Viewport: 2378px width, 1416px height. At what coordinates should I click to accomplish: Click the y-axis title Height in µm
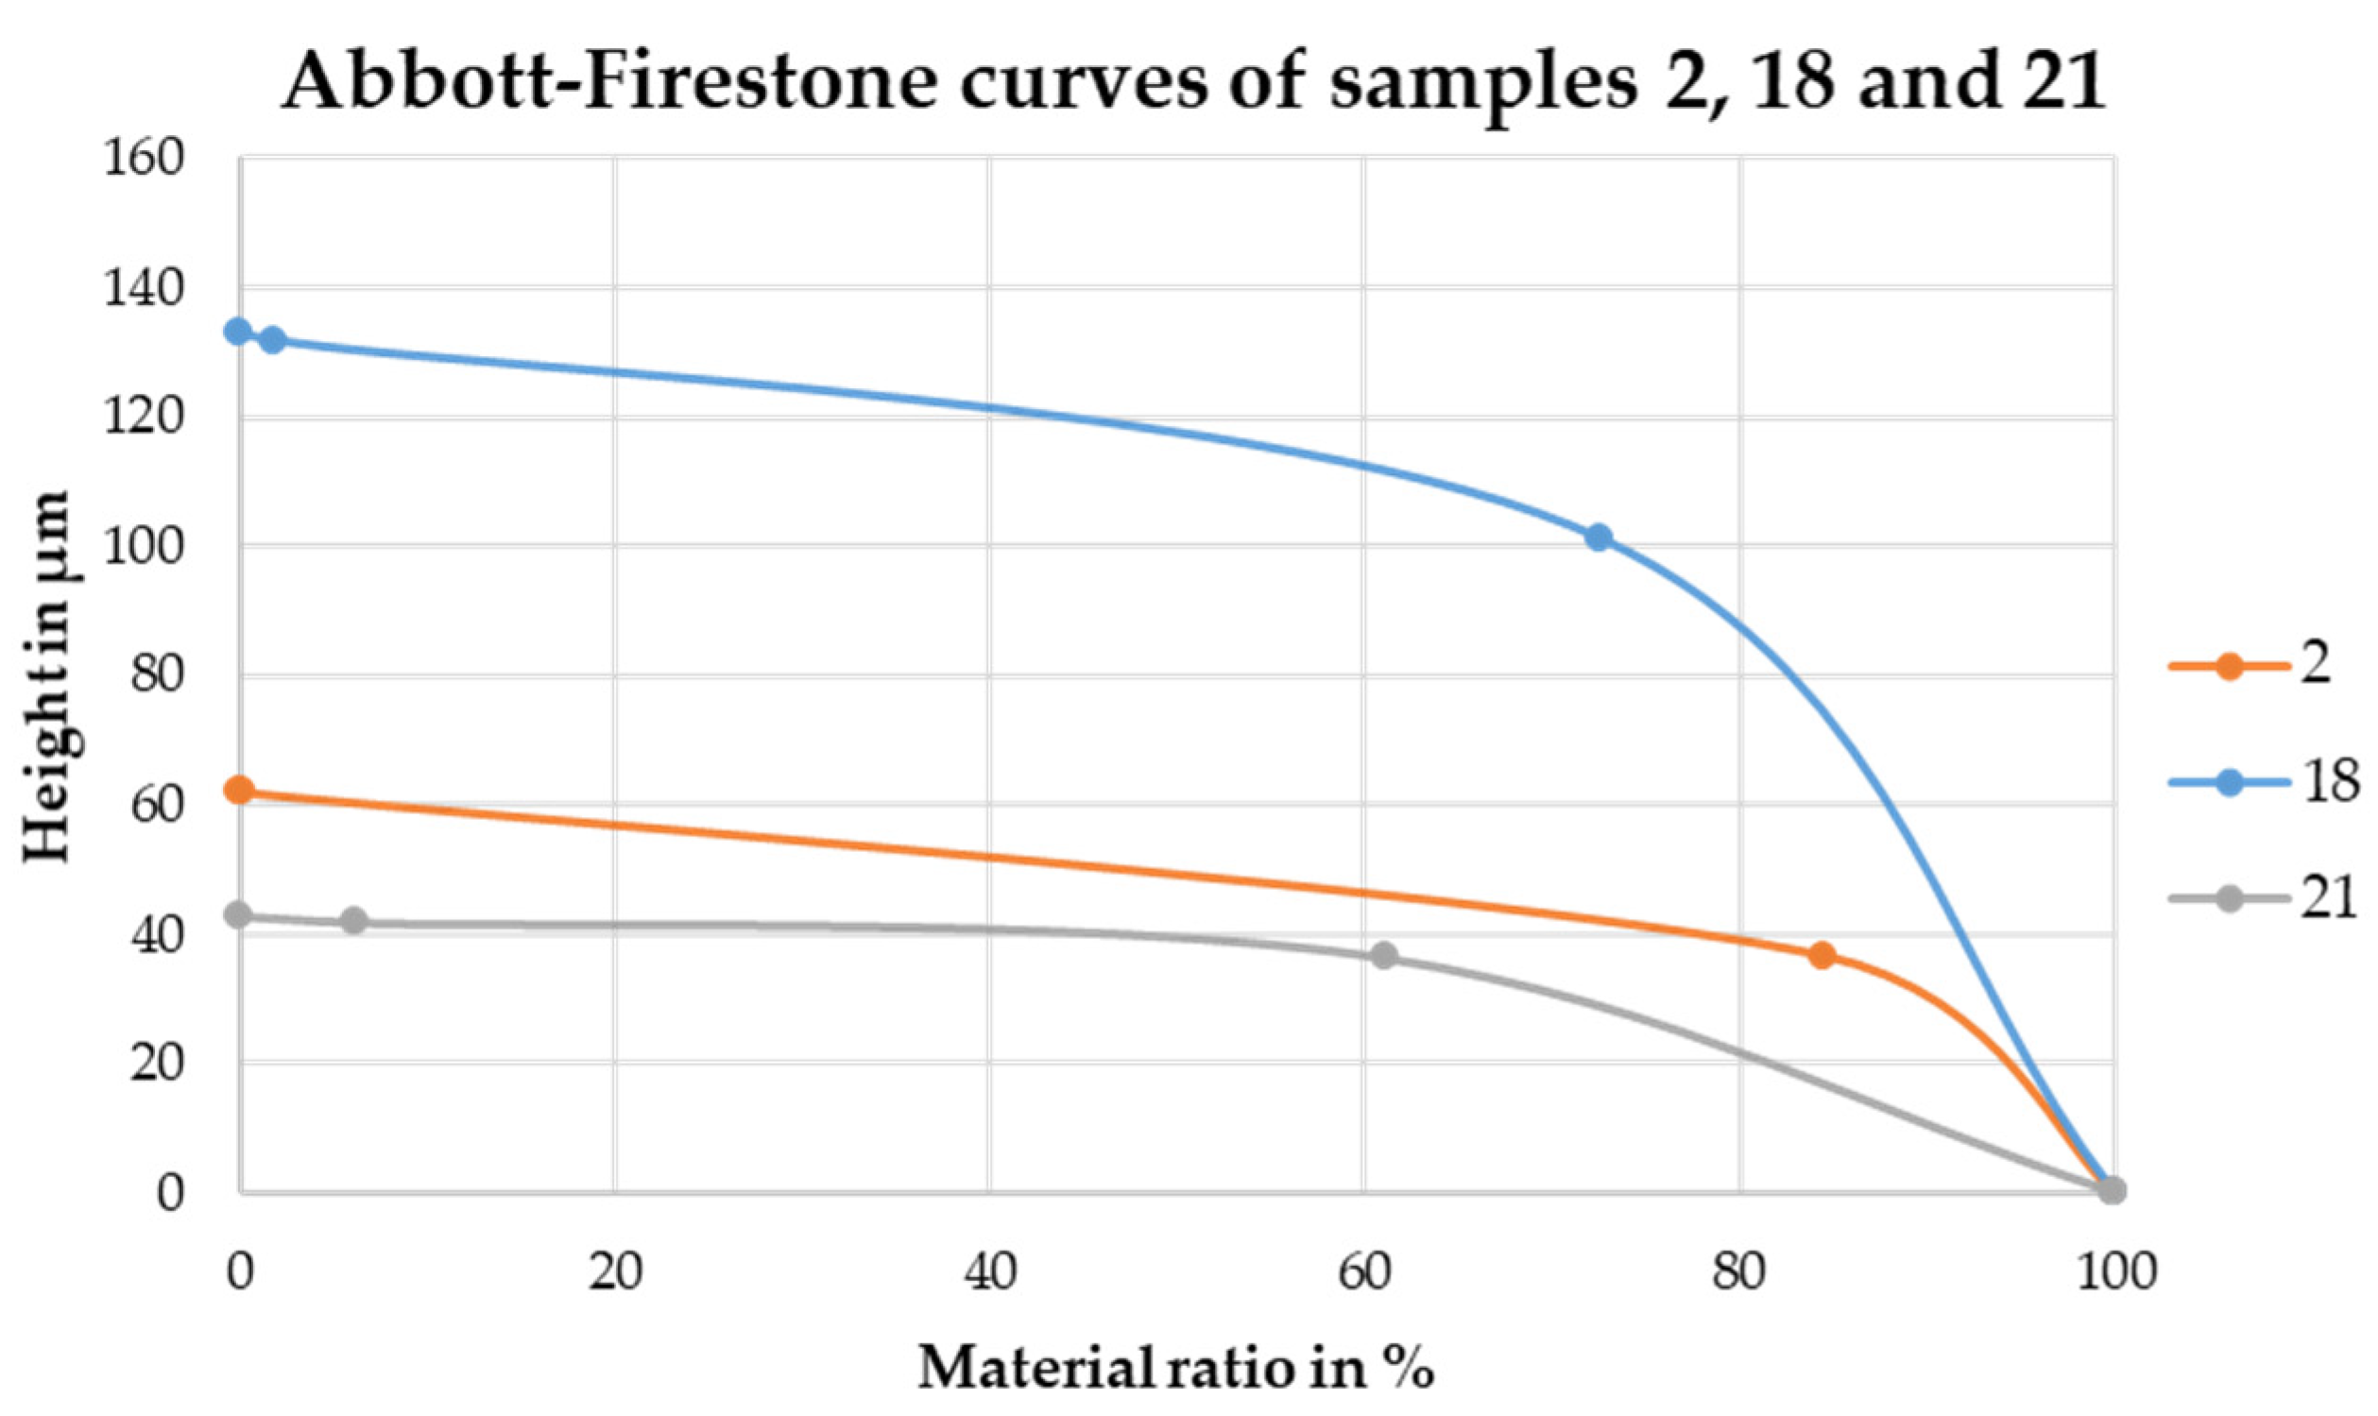point(48,675)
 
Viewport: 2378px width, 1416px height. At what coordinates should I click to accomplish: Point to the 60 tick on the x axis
point(1362,1273)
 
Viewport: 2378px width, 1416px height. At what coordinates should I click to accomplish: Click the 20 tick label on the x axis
point(614,1273)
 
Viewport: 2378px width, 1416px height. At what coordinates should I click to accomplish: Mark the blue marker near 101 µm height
point(1600,537)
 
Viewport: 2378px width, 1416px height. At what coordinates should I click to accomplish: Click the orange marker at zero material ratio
point(240,790)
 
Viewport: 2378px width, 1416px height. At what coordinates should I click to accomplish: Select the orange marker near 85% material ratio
point(1822,955)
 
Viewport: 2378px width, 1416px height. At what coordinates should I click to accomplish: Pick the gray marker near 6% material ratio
point(354,921)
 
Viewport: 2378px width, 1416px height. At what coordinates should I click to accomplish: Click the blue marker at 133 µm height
point(237,332)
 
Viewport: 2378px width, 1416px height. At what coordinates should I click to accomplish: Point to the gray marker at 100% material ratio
point(2113,1190)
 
